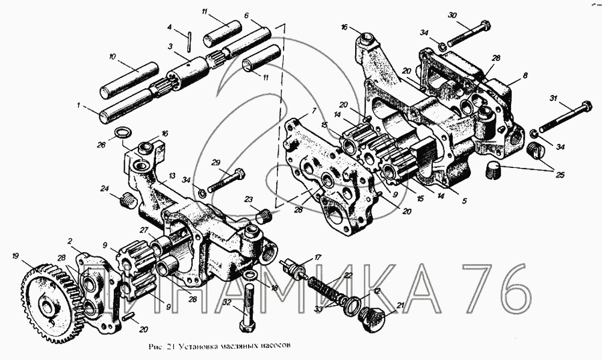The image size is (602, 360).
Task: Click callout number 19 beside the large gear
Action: [x=15, y=256]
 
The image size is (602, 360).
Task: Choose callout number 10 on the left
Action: [x=113, y=57]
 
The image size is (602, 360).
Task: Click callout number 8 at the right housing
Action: [x=526, y=76]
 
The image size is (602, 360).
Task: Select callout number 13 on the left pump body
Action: [x=172, y=175]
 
